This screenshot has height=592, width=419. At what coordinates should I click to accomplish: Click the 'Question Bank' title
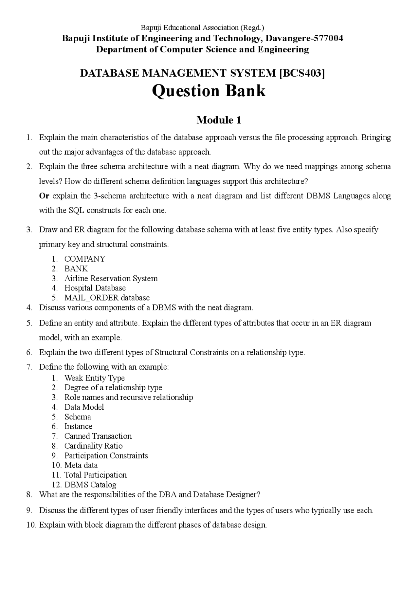pyautogui.click(x=209, y=91)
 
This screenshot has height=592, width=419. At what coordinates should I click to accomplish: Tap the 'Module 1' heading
pyautogui.click(x=219, y=120)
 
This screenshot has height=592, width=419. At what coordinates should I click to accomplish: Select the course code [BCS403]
pyautogui.click(x=302, y=73)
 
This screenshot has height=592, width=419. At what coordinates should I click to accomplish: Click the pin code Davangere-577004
pyautogui.click(x=304, y=38)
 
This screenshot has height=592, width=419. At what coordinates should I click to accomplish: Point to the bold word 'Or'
pyautogui.click(x=44, y=196)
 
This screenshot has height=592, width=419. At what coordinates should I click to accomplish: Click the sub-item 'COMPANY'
pyautogui.click(x=85, y=259)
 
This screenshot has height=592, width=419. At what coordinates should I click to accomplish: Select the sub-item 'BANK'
pyautogui.click(x=76, y=269)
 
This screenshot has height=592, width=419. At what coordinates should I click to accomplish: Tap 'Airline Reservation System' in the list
pyautogui.click(x=111, y=279)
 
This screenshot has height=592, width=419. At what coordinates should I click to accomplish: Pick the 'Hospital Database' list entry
pyautogui.click(x=95, y=288)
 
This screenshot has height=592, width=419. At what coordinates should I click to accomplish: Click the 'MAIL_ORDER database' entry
pyautogui.click(x=107, y=298)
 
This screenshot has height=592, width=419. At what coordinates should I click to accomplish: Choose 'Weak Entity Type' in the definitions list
pyautogui.click(x=94, y=378)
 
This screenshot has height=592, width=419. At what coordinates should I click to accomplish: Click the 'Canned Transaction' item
pyautogui.click(x=98, y=436)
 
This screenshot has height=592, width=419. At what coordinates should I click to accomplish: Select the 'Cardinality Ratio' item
pyautogui.click(x=93, y=446)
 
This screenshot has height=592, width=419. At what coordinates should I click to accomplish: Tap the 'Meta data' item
pyautogui.click(x=81, y=465)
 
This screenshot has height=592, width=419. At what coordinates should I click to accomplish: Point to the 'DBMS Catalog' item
pyautogui.click(x=90, y=485)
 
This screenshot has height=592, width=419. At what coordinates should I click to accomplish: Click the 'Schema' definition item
pyautogui.click(x=78, y=417)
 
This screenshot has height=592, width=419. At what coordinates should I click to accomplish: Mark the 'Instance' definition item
pyautogui.click(x=78, y=427)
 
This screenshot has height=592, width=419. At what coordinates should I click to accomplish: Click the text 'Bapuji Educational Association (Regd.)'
pyautogui.click(x=202, y=28)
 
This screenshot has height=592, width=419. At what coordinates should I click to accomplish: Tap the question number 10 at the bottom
pyautogui.click(x=31, y=525)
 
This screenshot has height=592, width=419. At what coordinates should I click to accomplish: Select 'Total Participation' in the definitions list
pyautogui.click(x=95, y=475)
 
